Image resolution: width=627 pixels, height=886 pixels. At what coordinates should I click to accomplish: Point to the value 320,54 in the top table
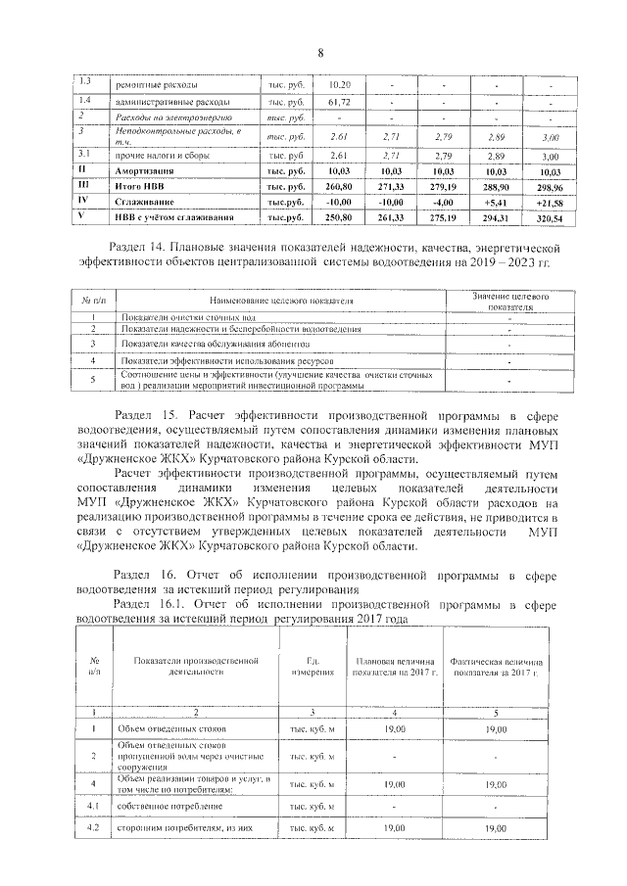(x=550, y=217)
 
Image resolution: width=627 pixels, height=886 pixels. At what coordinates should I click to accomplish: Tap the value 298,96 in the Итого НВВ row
(x=550, y=186)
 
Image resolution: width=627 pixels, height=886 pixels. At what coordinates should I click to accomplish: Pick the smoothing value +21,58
(x=550, y=202)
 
